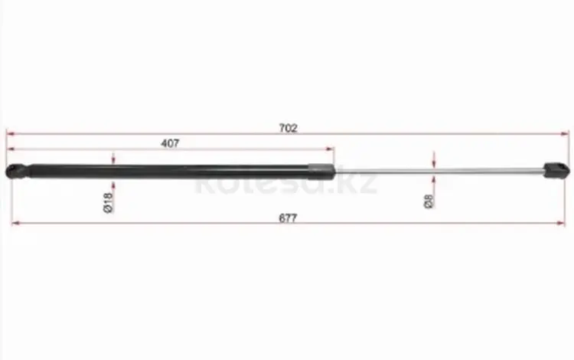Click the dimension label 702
(x=288, y=128)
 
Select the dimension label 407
(x=170, y=143)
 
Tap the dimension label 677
(x=288, y=218)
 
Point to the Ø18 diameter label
(x=109, y=202)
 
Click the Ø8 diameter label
(x=429, y=201)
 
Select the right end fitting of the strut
(x=556, y=170)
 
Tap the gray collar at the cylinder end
(x=321, y=172)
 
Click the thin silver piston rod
(x=439, y=170)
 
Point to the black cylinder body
(x=169, y=172)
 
